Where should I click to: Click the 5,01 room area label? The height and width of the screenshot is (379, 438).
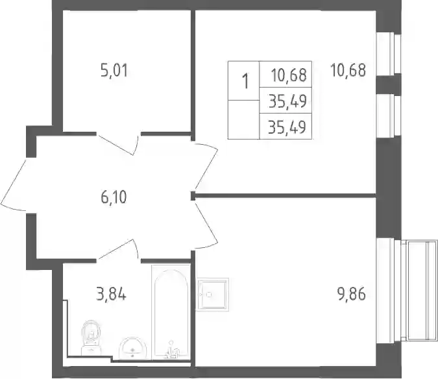[114, 70]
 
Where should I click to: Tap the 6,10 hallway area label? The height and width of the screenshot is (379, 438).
[114, 197]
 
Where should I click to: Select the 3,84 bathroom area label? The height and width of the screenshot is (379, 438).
[111, 294]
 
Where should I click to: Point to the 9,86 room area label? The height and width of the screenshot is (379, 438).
[352, 294]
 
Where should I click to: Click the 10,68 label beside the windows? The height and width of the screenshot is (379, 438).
[348, 70]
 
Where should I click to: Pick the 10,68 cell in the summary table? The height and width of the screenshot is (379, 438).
[289, 75]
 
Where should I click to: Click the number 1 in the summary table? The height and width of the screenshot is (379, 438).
[245, 81]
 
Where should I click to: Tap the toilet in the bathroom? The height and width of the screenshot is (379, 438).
[91, 337]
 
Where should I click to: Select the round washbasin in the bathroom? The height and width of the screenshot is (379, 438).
[132, 348]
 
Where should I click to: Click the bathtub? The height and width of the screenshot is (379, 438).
[171, 312]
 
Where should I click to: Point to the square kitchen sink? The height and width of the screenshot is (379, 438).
[212, 295]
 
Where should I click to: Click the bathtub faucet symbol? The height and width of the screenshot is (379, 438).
[171, 350]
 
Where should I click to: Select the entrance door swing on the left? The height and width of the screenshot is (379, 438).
[14, 186]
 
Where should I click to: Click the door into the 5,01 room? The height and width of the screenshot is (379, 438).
[119, 144]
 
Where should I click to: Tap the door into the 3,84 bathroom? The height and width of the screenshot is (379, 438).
[119, 250]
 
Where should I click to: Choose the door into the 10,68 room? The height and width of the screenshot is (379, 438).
[206, 167]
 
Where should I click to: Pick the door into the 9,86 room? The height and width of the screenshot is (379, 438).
[206, 225]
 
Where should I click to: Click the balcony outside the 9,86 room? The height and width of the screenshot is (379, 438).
[419, 291]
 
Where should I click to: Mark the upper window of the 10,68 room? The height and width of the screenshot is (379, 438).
[388, 54]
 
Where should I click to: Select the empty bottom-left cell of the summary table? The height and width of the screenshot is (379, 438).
[243, 119]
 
